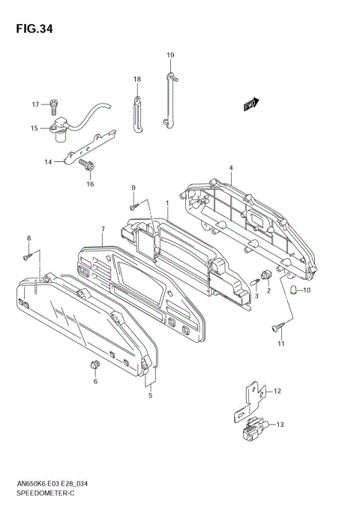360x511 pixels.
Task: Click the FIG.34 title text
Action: [x=34, y=29]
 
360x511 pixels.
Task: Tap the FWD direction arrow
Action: [x=251, y=104]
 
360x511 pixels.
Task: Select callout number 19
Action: [x=170, y=55]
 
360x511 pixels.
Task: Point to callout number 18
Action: [x=137, y=80]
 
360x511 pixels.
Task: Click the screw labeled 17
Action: [x=53, y=107]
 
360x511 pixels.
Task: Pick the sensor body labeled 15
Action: [x=58, y=131]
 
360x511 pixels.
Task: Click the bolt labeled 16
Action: [x=87, y=166]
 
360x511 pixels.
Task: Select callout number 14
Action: [x=48, y=161]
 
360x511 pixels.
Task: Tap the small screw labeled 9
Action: [x=134, y=206]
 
